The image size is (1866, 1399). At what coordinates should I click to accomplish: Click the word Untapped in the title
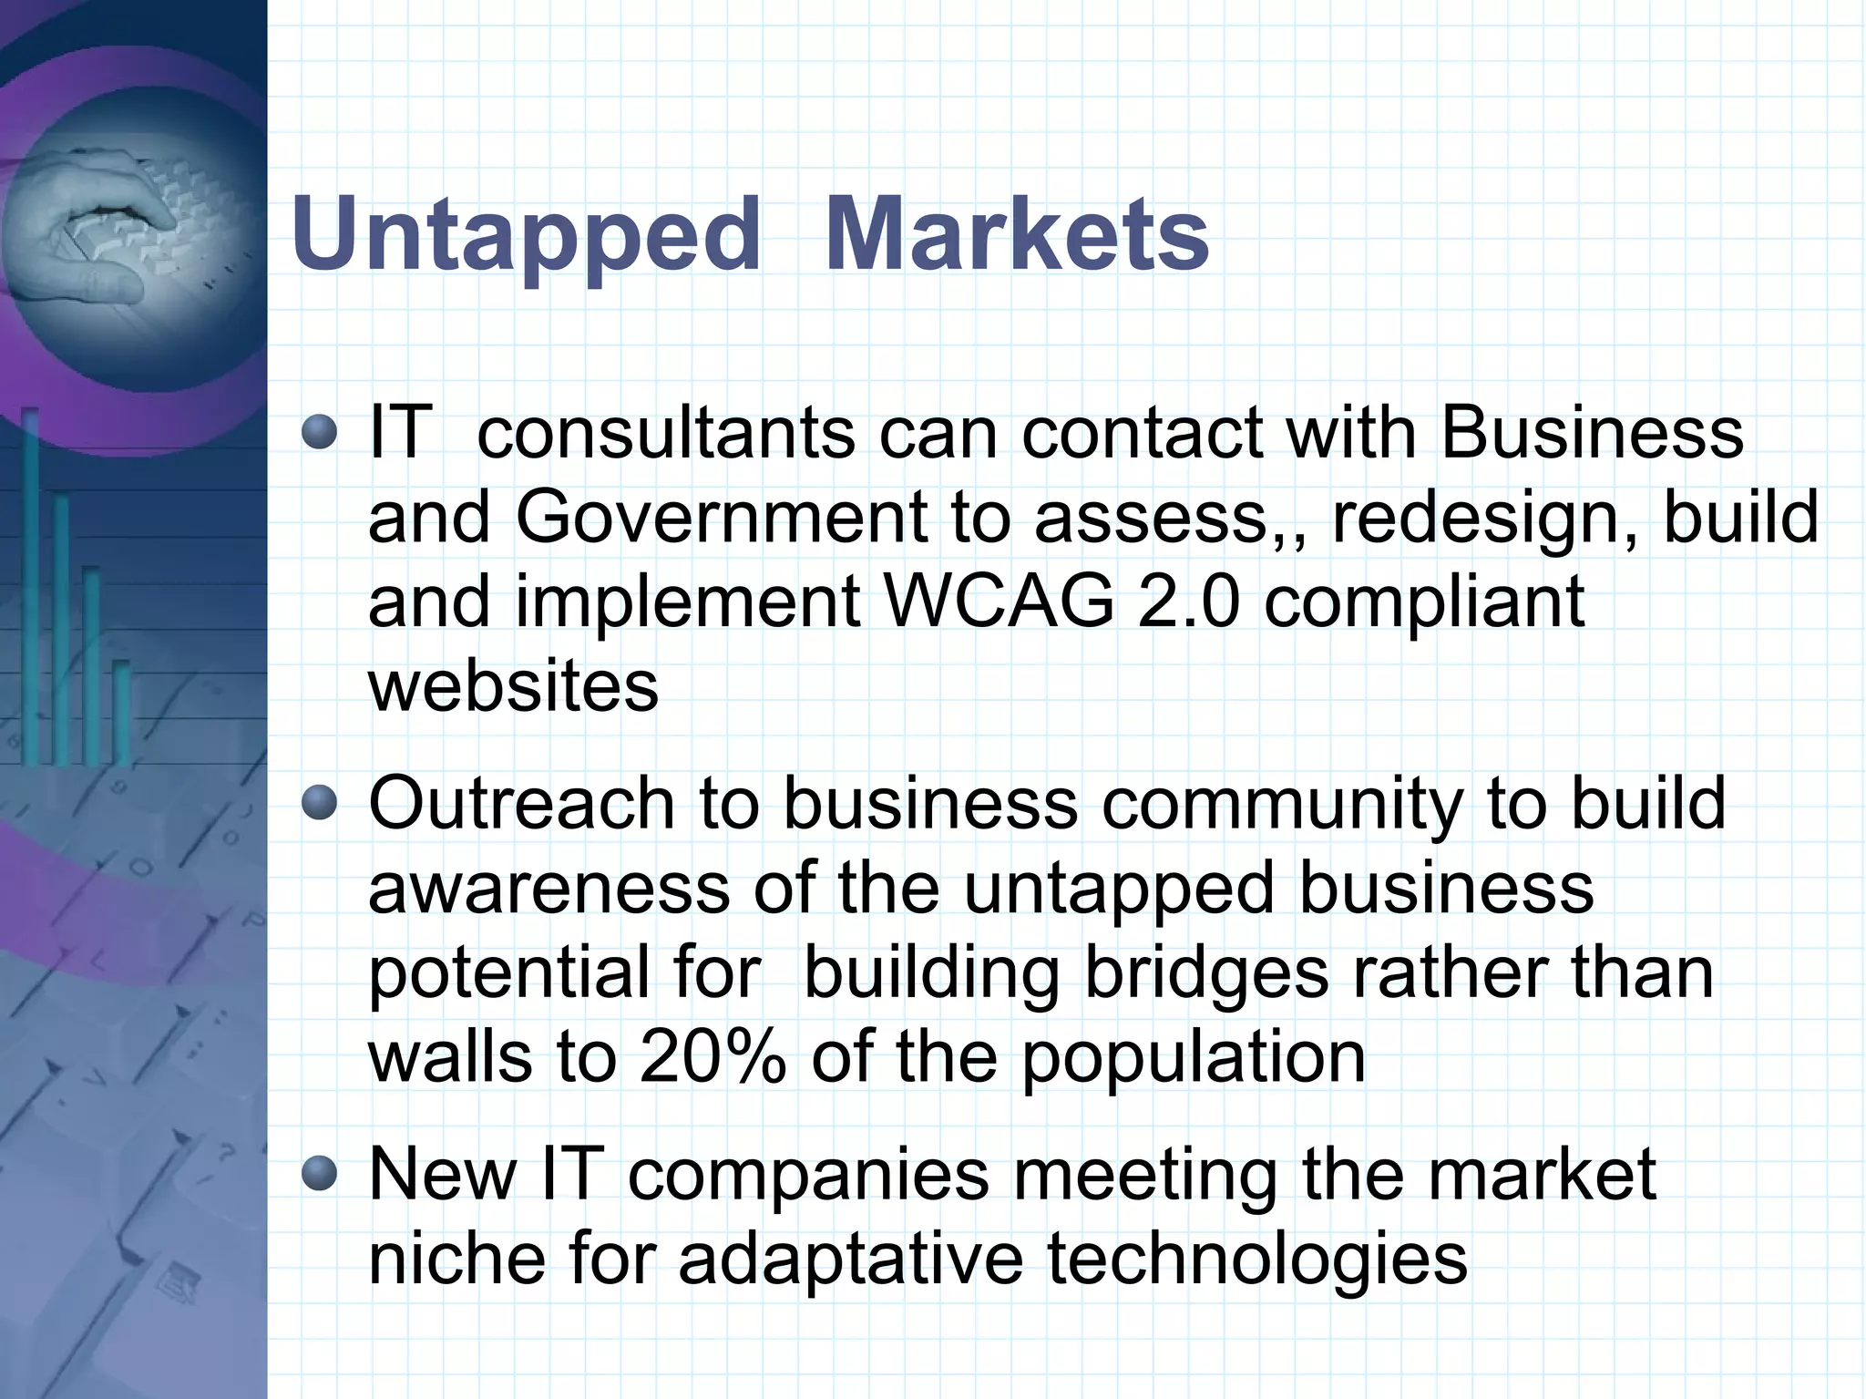tap(525, 235)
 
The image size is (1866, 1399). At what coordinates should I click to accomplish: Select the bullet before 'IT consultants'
tap(320, 432)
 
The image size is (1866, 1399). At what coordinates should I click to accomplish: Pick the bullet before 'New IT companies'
tap(320, 1174)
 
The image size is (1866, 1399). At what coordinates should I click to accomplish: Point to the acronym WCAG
tap(999, 602)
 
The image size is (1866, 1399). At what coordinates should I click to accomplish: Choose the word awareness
tap(549, 889)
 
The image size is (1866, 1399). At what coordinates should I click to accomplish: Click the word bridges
tap(1206, 973)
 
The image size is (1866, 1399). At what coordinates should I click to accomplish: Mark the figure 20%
tap(713, 1057)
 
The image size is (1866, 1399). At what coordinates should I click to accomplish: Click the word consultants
tap(666, 432)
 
